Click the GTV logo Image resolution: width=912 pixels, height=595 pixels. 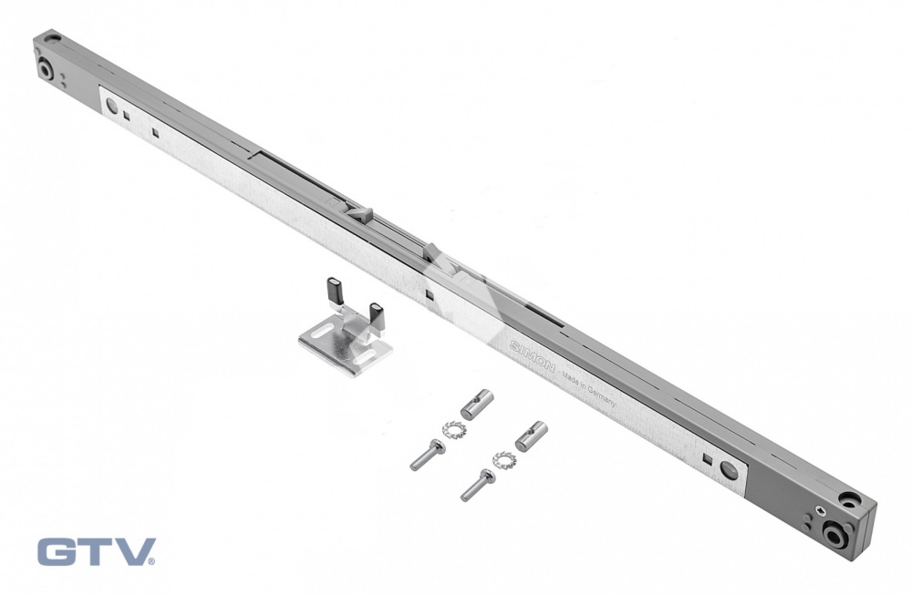[x=98, y=551]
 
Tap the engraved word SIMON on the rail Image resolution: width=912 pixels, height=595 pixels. [x=533, y=357]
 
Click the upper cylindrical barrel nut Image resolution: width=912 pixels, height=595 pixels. [x=477, y=405]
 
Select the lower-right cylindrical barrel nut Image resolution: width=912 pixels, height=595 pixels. [x=531, y=436]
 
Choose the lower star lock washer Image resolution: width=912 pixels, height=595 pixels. [x=503, y=459]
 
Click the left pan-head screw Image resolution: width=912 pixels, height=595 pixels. [x=428, y=455]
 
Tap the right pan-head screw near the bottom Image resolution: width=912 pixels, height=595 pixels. [x=478, y=485]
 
